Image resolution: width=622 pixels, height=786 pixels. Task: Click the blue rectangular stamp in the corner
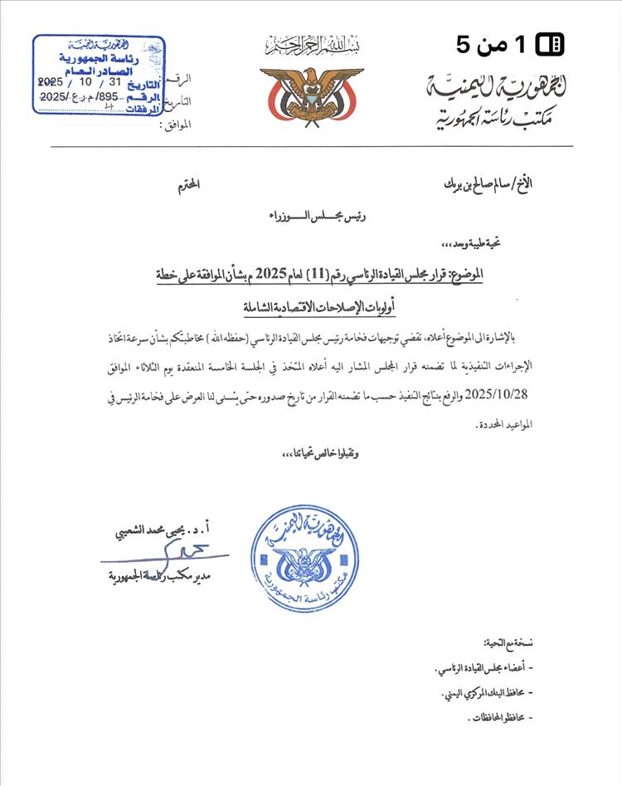99,75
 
